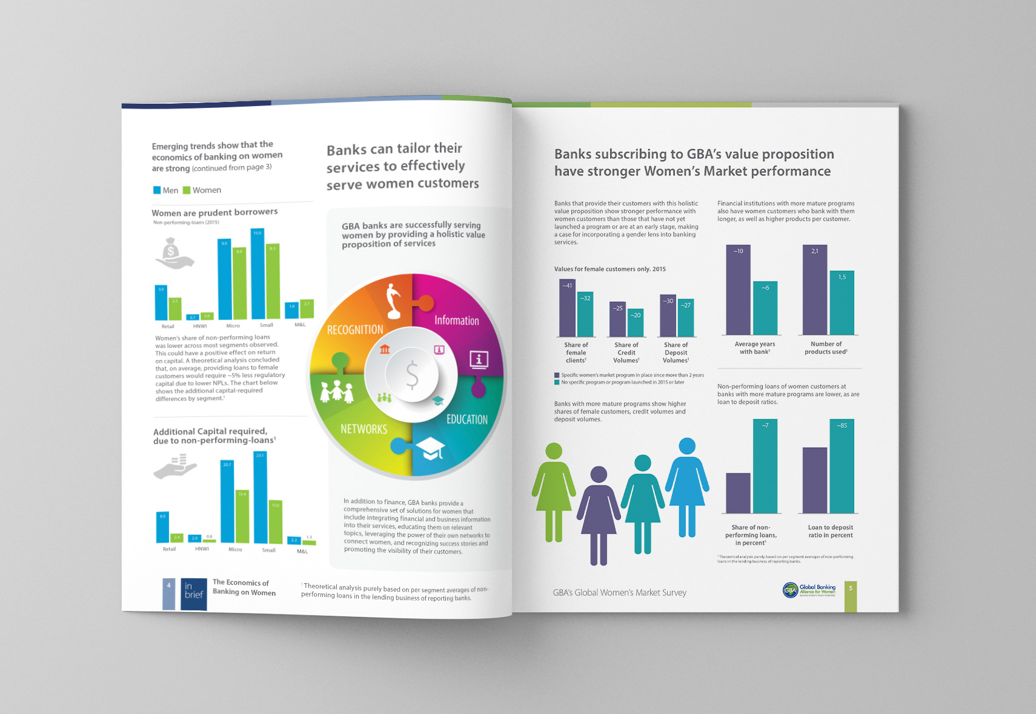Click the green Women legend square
coord(187,190)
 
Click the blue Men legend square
coord(157,190)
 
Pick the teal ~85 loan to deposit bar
coord(842,467)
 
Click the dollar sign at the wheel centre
coord(412,374)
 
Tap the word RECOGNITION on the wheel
coord(355,330)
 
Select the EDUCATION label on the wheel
coord(467,419)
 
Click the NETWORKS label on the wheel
coord(364,429)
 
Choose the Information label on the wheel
coord(456,321)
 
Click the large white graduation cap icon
coord(431,449)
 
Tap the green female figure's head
coord(554,451)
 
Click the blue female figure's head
coord(687,446)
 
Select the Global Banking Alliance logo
coord(809,590)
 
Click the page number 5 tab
coord(851,596)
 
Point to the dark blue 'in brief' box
coord(193,593)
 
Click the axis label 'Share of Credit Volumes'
coord(626,353)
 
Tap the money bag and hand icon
coord(174,253)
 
